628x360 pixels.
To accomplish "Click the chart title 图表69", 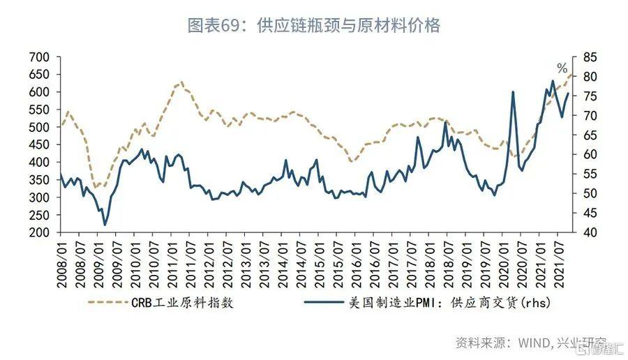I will click(313, 26).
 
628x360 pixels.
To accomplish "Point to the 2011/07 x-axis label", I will click(189, 262).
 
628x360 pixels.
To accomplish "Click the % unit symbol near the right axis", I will click(562, 68).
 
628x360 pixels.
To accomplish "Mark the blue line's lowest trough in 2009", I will click(105, 225).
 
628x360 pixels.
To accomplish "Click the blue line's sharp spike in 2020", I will click(513, 91).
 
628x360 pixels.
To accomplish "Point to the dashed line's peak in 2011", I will click(181, 82).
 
